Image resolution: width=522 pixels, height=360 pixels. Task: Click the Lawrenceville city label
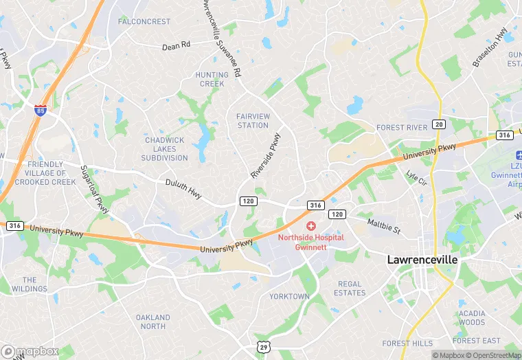[x=422, y=260]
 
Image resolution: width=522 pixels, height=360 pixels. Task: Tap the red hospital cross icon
[x=310, y=225]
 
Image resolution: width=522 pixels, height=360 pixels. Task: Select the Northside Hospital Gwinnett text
[x=310, y=242]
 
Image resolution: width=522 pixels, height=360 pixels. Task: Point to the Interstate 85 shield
[x=41, y=109]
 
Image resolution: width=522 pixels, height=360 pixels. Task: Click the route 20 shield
[x=440, y=124]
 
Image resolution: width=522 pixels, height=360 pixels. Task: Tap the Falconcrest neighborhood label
[x=144, y=21]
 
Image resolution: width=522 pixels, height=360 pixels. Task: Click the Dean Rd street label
[x=176, y=46]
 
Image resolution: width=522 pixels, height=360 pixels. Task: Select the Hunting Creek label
[x=212, y=79]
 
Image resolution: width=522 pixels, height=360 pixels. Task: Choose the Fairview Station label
[x=252, y=121]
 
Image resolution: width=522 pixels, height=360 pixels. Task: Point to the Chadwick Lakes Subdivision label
[x=165, y=149]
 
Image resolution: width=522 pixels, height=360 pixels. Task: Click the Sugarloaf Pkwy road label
[x=95, y=190]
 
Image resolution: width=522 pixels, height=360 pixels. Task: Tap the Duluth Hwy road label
[x=183, y=189]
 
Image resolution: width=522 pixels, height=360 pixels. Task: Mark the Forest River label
[x=402, y=127]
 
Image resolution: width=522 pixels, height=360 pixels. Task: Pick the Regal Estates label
[x=350, y=289]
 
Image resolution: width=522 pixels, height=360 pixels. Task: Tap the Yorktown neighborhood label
[x=289, y=297]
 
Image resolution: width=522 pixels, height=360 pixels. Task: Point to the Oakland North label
[x=152, y=322]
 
